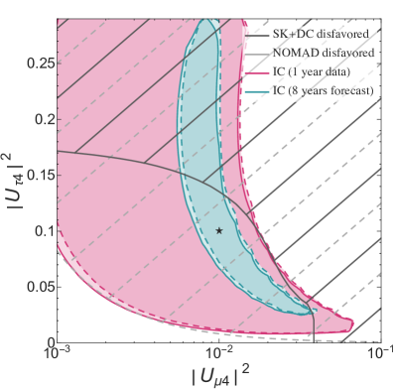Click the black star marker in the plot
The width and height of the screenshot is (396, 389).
point(219,230)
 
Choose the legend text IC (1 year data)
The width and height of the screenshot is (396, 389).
point(306,73)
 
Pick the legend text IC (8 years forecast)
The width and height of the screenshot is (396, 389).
point(317,92)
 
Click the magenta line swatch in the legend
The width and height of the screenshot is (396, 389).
point(256,73)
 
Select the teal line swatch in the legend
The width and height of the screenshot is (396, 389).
point(256,92)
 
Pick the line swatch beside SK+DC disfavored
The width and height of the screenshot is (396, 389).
point(256,36)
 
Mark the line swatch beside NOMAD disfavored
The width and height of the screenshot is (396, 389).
point(256,55)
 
